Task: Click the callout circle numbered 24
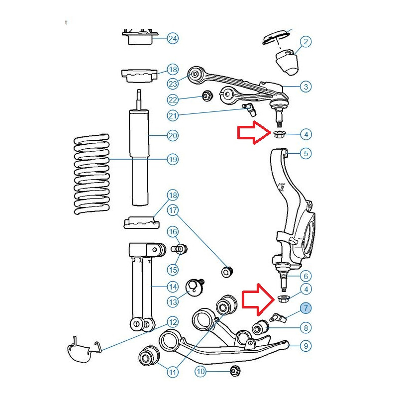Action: click(173, 38)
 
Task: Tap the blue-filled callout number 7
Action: click(306, 308)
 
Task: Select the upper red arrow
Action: click(252, 133)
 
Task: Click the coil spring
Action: click(91, 174)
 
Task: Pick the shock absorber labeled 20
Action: click(140, 157)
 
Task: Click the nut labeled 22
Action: click(205, 95)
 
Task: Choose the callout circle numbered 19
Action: click(173, 160)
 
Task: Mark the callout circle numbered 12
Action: click(173, 322)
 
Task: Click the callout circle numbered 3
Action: click(306, 87)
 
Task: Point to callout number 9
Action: click(306, 345)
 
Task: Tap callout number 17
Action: click(173, 210)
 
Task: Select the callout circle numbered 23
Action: click(173, 84)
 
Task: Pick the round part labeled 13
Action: click(193, 288)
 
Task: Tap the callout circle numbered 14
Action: click(173, 287)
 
